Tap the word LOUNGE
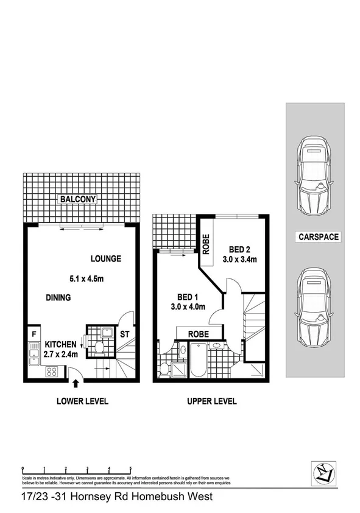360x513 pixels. coord(106,258)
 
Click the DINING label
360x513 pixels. coord(58,298)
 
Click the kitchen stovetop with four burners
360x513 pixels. coord(51,370)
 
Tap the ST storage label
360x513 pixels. coord(124,334)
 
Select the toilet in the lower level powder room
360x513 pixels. coord(100,348)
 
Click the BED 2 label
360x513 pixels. coord(240,249)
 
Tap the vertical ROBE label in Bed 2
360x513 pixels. coord(206,245)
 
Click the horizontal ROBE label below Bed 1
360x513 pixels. coord(199,334)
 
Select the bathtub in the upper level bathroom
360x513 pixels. coord(198,361)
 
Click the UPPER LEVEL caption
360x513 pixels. coord(211,402)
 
